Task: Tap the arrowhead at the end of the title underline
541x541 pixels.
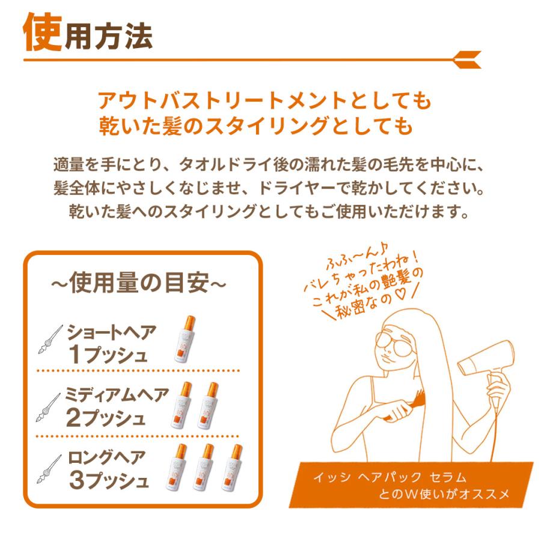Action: coord(469,60)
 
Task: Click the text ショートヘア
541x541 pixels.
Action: coord(112,331)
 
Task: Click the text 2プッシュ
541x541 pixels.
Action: coord(108,418)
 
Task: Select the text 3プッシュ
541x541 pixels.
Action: coord(108,481)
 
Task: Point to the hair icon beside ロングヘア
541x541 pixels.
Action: coord(49,469)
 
